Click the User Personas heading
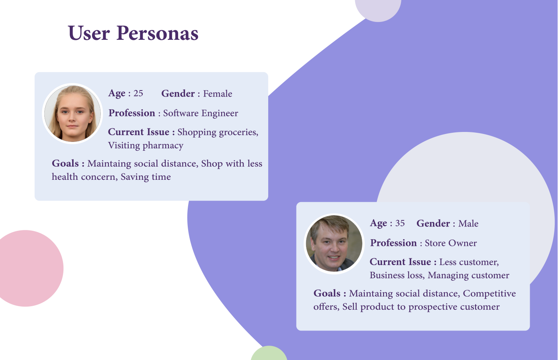point(133,33)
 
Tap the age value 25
point(138,93)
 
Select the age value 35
point(400,223)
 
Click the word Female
point(218,94)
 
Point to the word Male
point(468,224)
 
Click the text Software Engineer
point(200,113)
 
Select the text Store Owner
point(451,243)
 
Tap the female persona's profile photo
point(73,114)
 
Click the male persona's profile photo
point(334,244)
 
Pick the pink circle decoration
point(28,268)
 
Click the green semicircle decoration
point(269,354)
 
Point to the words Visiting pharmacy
point(146,145)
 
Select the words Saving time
point(146,177)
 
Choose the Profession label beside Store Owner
point(393,243)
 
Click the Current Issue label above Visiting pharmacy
point(141,132)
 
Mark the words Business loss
point(397,275)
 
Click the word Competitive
point(489,293)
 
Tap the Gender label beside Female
point(178,93)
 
